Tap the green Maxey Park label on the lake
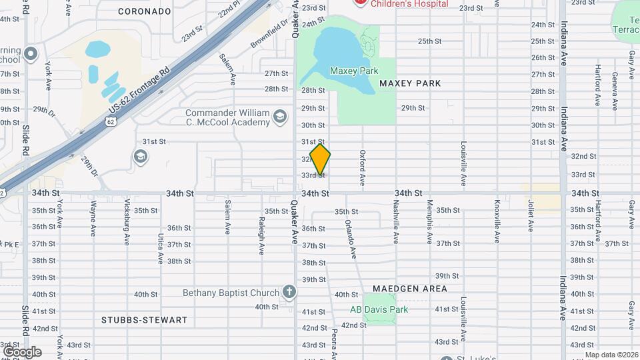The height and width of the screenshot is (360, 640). (x=354, y=71)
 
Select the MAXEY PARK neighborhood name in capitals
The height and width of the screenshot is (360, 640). (x=410, y=83)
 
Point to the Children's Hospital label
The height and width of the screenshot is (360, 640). (x=409, y=4)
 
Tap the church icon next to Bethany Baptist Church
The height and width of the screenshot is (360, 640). (x=289, y=292)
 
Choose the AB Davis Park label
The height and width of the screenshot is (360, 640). (x=379, y=309)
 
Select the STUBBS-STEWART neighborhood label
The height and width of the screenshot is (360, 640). (x=144, y=320)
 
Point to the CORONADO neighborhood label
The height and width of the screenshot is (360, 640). (x=145, y=11)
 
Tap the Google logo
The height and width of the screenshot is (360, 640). (x=21, y=352)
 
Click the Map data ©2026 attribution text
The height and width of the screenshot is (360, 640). (x=611, y=355)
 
